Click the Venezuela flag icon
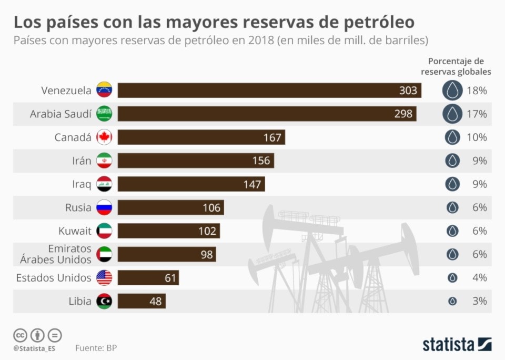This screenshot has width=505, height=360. click(x=104, y=91)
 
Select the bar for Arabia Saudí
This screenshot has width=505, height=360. click(x=267, y=114)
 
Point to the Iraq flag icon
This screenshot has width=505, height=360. click(x=104, y=184)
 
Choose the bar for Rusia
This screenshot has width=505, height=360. click(x=170, y=207)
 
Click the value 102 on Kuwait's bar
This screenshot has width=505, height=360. click(x=207, y=231)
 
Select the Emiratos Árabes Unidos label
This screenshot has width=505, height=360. click(x=55, y=254)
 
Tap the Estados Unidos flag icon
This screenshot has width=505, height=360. click(x=104, y=277)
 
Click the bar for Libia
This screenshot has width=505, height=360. click(x=142, y=301)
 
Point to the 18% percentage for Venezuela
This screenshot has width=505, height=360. click(x=477, y=91)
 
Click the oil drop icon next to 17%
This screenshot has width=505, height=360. click(x=452, y=114)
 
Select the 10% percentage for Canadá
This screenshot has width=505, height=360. click(x=477, y=137)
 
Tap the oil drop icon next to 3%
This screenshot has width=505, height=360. click(x=452, y=301)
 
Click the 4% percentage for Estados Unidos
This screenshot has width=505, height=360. click(x=479, y=277)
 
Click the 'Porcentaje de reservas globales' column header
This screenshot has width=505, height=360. click(x=456, y=66)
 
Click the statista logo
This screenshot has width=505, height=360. click(x=457, y=345)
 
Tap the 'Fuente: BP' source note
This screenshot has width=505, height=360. click(x=96, y=348)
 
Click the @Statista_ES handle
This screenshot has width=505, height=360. click(x=35, y=348)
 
